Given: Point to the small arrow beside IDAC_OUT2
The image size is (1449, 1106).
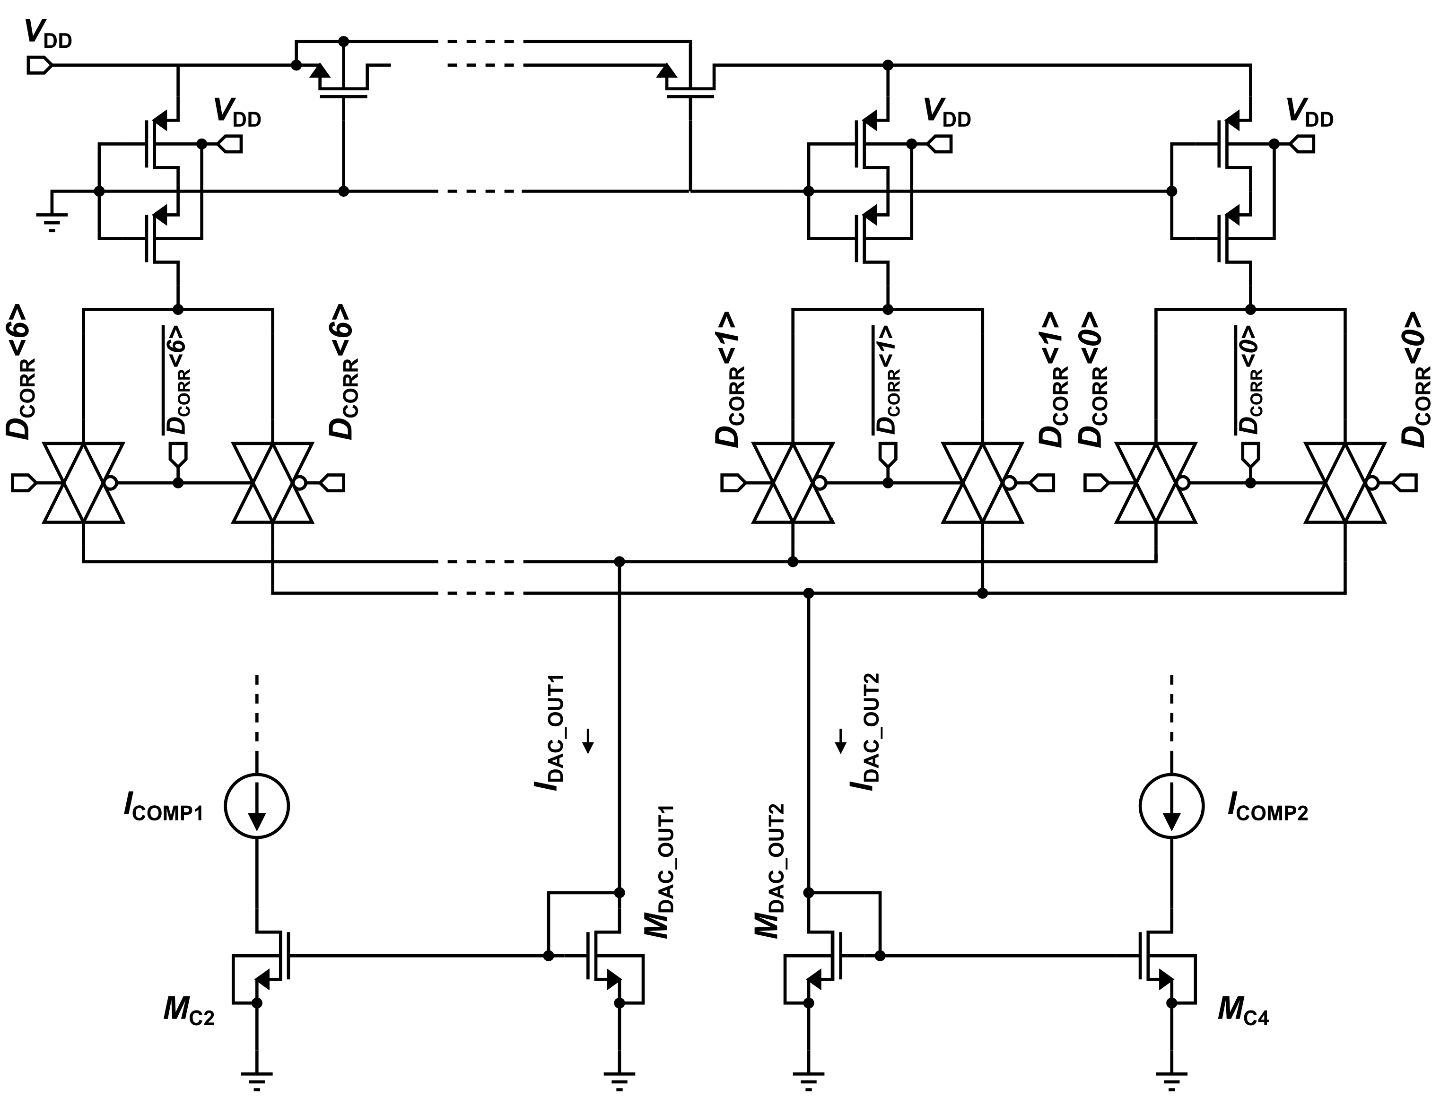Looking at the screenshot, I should (x=840, y=740).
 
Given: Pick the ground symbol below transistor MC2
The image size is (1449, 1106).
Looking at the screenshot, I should (x=257, y=1080).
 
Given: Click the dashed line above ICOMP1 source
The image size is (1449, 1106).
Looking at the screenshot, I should (x=257, y=718).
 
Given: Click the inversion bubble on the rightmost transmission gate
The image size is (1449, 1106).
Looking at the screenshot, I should (x=1372, y=483).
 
